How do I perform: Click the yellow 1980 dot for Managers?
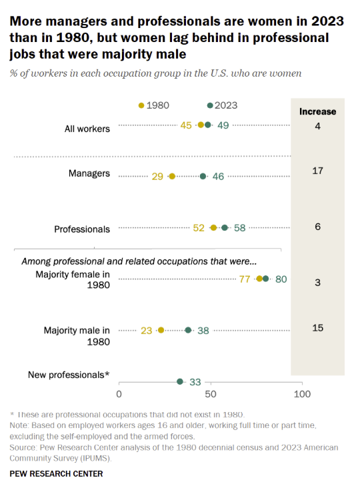[172, 177]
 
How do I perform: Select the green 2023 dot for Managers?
[203, 177]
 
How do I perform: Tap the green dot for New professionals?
[179, 381]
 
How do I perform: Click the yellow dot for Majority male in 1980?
[161, 330]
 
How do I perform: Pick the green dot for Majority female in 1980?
[266, 279]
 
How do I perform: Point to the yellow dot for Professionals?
[214, 228]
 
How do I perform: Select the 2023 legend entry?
[223, 105]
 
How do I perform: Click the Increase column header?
[317, 111]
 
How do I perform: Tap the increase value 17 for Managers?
[317, 171]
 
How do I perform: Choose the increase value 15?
[317, 327]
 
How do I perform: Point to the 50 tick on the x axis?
[211, 395]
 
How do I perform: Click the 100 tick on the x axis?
[303, 395]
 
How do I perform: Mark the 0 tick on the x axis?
[119, 395]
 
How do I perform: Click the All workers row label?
[83, 129]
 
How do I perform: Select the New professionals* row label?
[69, 375]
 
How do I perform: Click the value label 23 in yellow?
[147, 330]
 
